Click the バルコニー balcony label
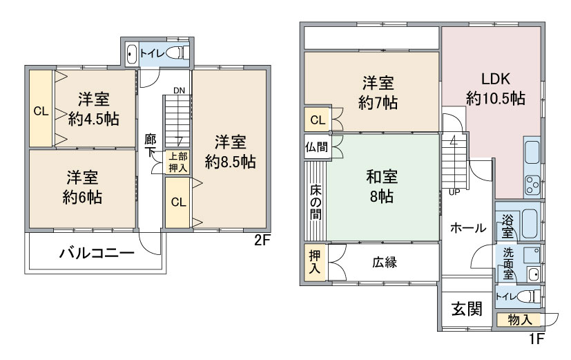[95, 253]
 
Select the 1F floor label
[537, 339]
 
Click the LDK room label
[496, 88]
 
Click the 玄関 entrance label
[467, 308]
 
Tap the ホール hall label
[467, 228]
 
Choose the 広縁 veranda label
[385, 263]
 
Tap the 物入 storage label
[519, 319]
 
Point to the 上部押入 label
[177, 161]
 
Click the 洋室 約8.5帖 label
[230, 153]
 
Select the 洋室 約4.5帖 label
[93, 108]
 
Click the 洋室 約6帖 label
[83, 187]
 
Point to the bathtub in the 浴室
[529, 223]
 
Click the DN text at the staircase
[179, 90]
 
